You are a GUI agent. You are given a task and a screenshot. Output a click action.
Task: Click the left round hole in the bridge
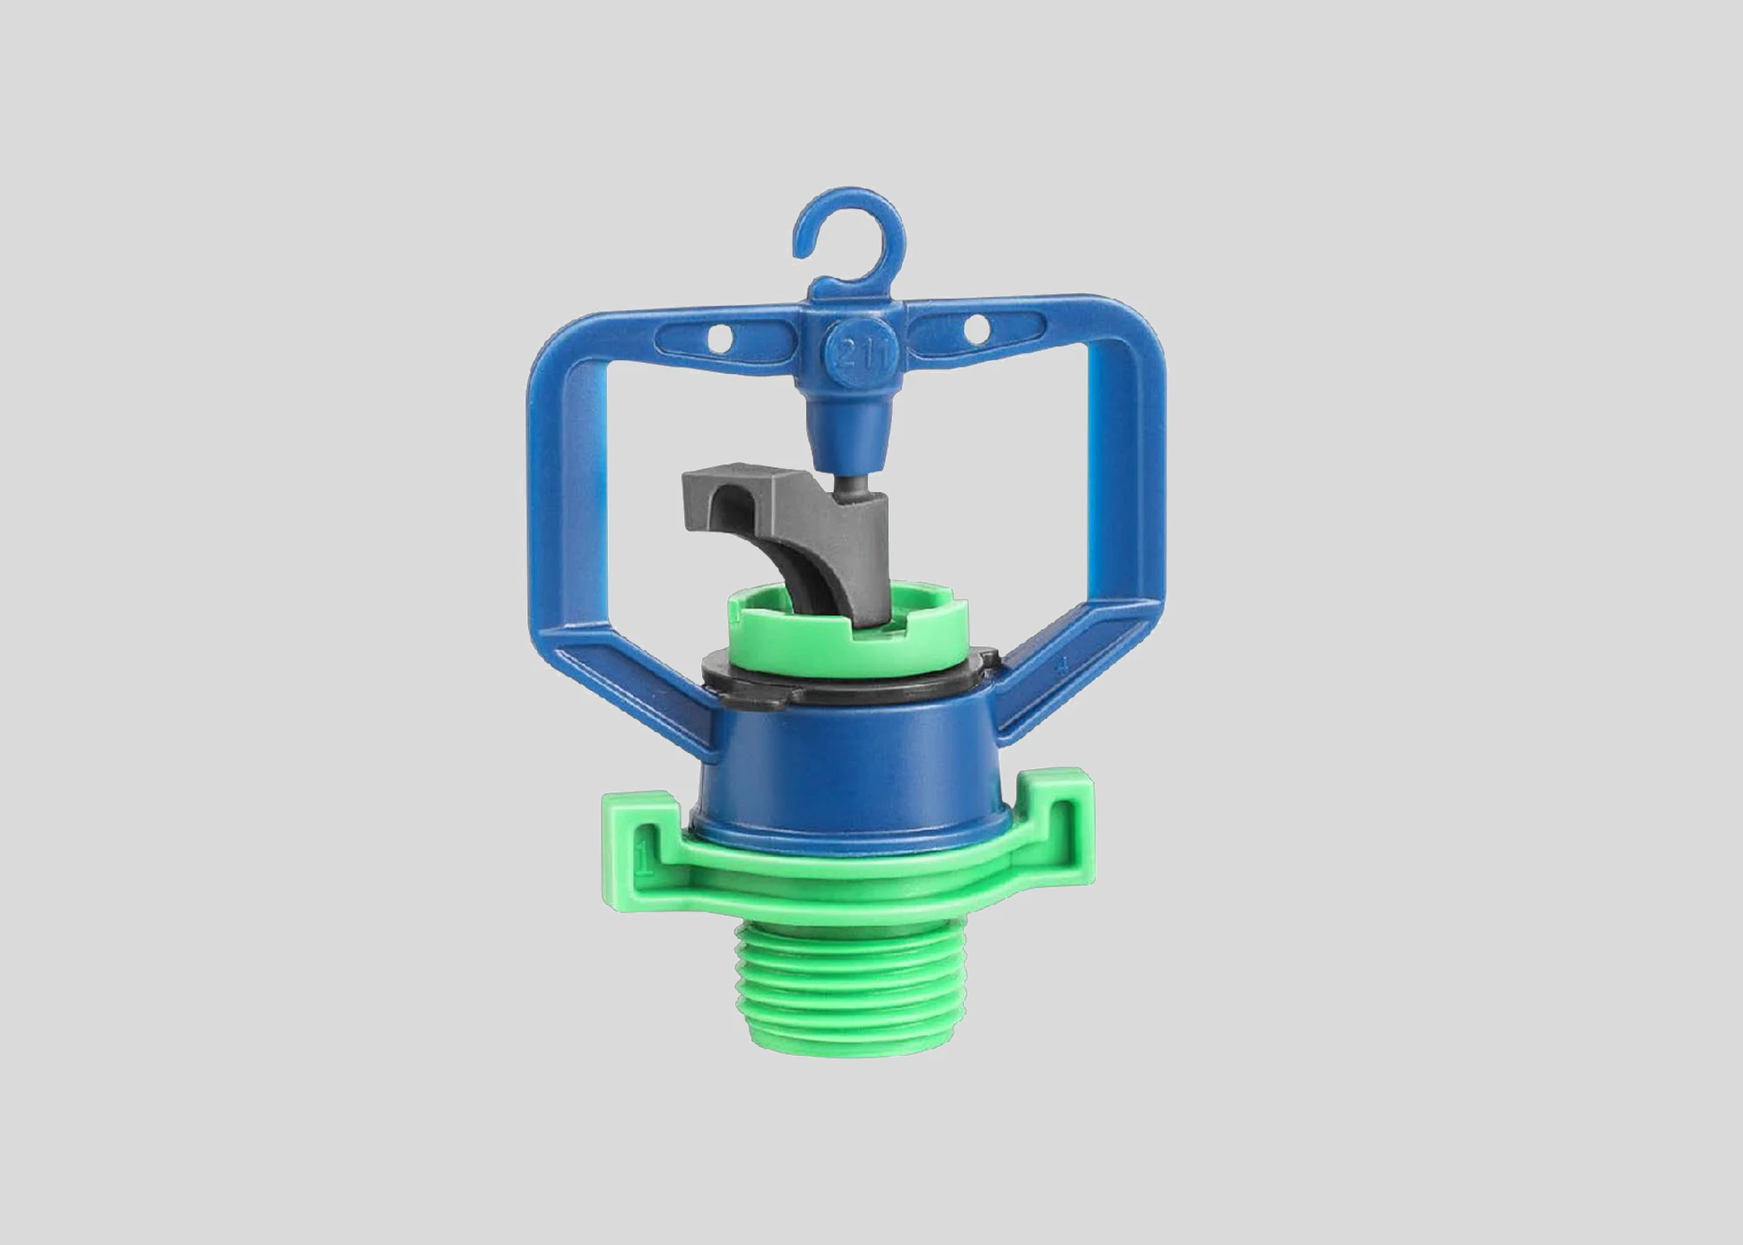click(x=719, y=339)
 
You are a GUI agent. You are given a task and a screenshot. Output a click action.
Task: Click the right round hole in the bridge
click(x=976, y=329)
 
